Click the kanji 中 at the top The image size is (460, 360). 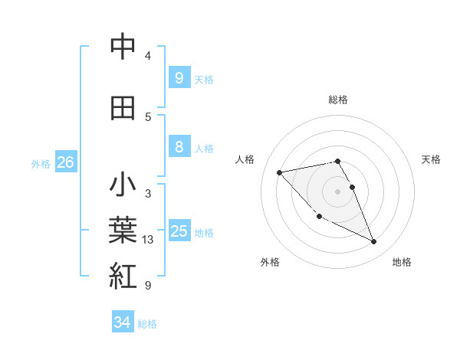pos(123,47)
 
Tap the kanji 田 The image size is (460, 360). pos(123,108)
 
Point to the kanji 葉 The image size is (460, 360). pos(123,230)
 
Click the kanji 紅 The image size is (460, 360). pos(123,275)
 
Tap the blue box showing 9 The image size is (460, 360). pos(179,77)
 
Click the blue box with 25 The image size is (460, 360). pos(179,231)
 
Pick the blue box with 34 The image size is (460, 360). pos(122,322)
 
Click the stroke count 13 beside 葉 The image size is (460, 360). pos(148,240)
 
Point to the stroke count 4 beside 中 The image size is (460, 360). pos(147,56)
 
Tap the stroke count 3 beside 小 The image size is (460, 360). pos(147,194)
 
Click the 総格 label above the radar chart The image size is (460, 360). pos(337,100)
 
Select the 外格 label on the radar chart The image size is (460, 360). pos(270,262)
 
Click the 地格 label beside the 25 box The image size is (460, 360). pos(205,233)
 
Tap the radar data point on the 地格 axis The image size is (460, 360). pos(374,242)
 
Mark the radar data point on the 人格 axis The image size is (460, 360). pos(280,172)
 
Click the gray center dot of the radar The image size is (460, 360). pos(337,191)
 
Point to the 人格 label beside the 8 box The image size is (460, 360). pos(205,149)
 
